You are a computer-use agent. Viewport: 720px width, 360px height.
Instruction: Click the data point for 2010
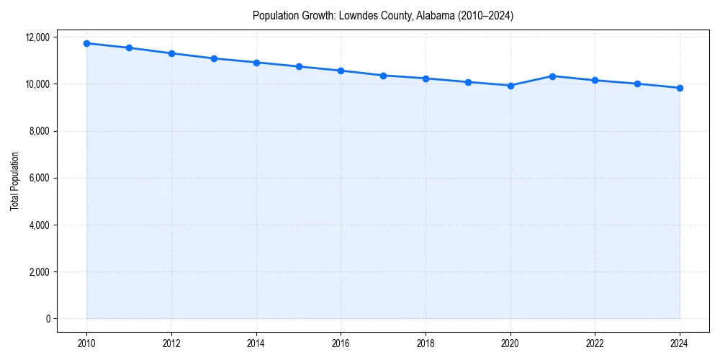(x=86, y=43)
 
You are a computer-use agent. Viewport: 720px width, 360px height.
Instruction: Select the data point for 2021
(x=552, y=76)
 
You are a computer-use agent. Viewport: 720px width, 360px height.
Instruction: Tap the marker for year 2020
(x=510, y=86)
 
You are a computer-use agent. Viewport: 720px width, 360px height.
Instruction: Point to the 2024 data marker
(x=680, y=88)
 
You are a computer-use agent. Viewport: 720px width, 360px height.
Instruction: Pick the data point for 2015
(x=299, y=66)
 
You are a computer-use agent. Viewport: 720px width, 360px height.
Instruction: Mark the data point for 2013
(x=214, y=58)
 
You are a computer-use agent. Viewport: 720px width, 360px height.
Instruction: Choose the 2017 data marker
(x=383, y=76)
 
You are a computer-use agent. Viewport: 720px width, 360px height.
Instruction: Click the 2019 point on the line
(x=468, y=82)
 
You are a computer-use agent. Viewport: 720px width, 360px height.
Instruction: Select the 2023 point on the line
(x=637, y=84)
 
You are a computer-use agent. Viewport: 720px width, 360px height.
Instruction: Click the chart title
(x=382, y=15)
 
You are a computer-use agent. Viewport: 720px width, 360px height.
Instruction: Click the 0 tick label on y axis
(x=47, y=319)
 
